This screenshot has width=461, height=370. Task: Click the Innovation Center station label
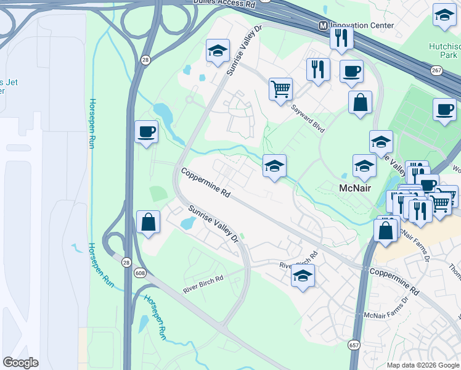click(362, 25)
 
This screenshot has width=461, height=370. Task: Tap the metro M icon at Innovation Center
click(322, 25)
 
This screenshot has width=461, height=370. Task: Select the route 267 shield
click(436, 71)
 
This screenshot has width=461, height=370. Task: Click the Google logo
click(20, 363)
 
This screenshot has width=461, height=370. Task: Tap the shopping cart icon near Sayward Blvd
click(280, 89)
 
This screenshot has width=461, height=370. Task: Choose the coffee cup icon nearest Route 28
click(147, 131)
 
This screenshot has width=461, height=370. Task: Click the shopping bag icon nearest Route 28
click(149, 221)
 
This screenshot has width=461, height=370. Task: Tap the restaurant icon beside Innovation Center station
click(341, 38)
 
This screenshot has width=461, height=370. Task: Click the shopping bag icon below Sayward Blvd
click(361, 102)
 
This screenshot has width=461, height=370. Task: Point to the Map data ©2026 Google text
click(422, 365)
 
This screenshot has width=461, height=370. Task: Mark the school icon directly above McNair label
click(364, 165)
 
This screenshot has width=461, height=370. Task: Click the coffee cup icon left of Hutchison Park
click(351, 70)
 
